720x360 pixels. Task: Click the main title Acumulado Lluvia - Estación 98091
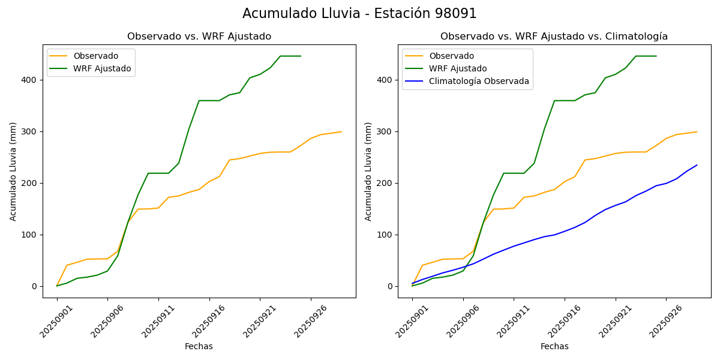(359, 14)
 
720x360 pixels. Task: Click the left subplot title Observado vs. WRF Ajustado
(199, 37)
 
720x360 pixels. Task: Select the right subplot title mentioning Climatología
(554, 37)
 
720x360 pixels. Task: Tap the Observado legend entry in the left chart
(95, 56)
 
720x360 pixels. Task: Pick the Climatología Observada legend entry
(479, 82)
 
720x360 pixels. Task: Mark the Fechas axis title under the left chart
(199, 346)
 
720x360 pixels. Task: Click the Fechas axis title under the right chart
(554, 346)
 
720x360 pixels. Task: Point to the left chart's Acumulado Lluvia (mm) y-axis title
(13, 171)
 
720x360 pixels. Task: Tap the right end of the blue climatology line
(697, 165)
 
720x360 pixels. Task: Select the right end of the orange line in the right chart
(697, 132)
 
